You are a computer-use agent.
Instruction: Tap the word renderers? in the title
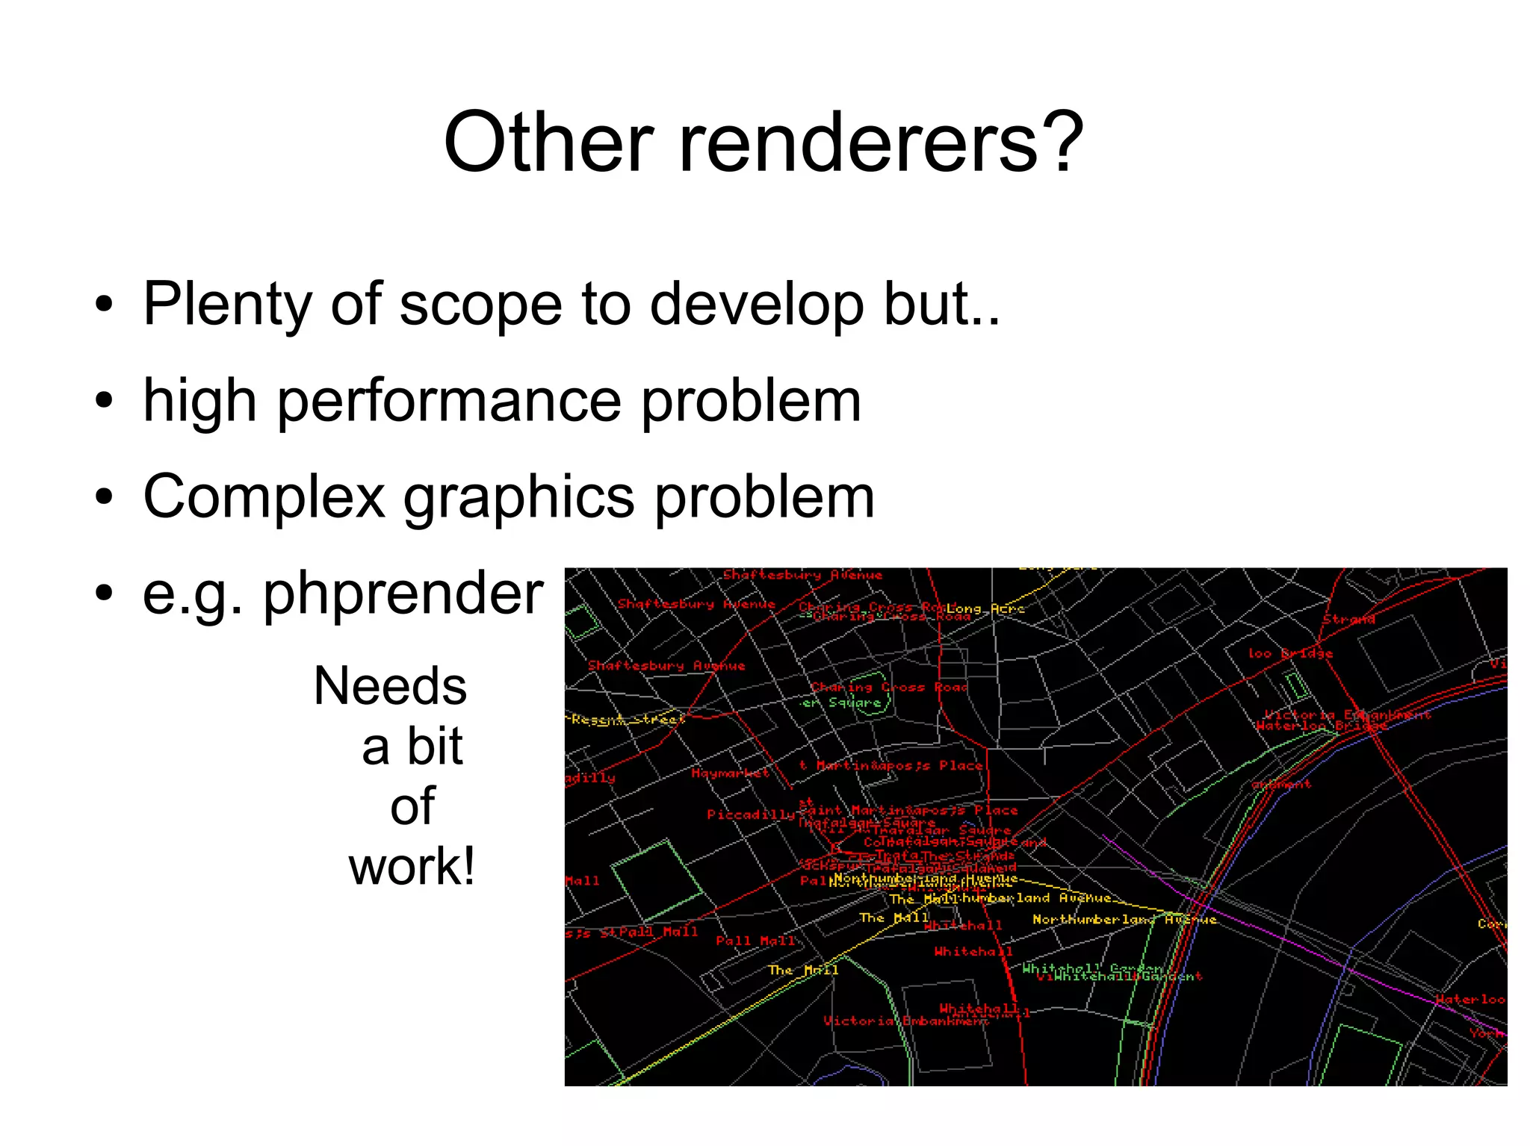pos(881,142)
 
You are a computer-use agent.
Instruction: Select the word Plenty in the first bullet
pos(227,305)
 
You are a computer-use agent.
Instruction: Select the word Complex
pos(264,497)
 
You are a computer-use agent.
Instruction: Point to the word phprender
pos(403,594)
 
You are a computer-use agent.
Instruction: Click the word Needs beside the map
pos(390,686)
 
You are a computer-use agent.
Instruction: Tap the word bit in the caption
pos(435,747)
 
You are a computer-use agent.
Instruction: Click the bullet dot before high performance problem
pos(105,401)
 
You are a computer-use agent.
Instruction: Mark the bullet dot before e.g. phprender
pos(105,594)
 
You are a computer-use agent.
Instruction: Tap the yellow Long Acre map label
pos(985,609)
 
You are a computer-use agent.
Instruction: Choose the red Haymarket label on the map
pos(730,773)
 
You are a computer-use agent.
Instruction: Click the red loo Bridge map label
pos(1290,653)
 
